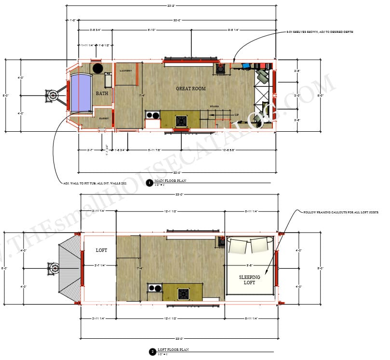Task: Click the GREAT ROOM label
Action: (191, 88)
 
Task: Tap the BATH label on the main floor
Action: (102, 94)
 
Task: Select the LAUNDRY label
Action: (126, 71)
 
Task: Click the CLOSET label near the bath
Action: (104, 118)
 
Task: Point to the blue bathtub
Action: (81, 93)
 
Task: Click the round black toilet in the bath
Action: (98, 68)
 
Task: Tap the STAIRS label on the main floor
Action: (215, 106)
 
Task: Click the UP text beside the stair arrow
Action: (236, 114)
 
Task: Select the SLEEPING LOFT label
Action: (250, 280)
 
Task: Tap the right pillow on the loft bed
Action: (259, 245)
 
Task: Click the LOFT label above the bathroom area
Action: (101, 250)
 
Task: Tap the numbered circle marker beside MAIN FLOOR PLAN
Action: (149, 183)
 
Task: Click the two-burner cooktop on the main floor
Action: (153, 115)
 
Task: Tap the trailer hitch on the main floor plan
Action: (53, 95)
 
